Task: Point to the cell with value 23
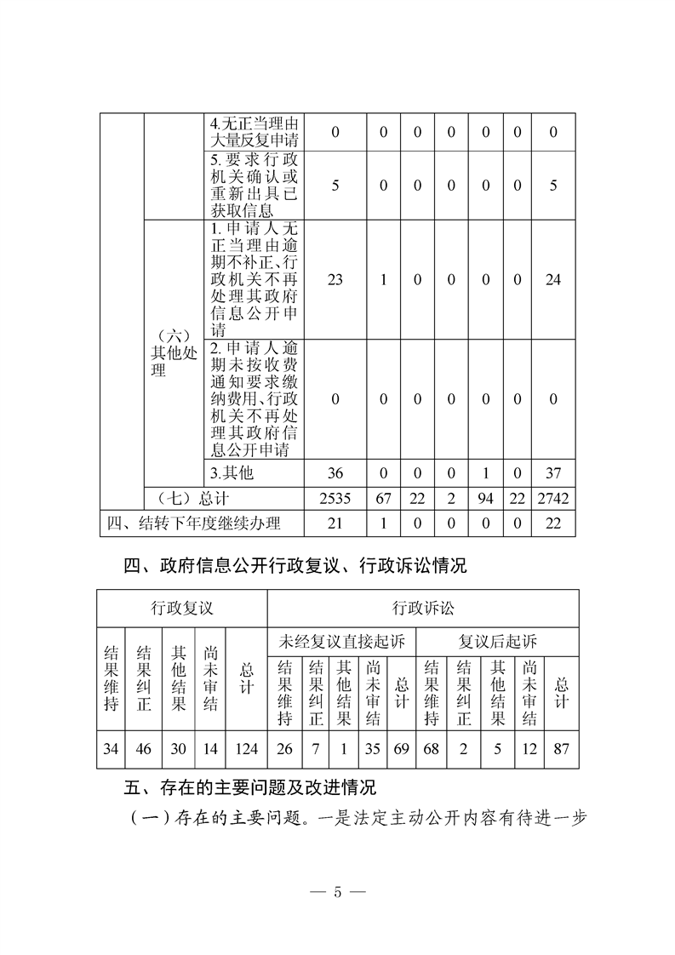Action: (x=335, y=279)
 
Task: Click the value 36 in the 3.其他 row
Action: (x=335, y=472)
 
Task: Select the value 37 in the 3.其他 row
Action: (x=553, y=472)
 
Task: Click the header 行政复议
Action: (x=181, y=608)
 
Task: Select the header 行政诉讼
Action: (x=422, y=608)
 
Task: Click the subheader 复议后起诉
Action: (x=498, y=640)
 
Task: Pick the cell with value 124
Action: (x=247, y=750)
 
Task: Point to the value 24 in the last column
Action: (x=553, y=279)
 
